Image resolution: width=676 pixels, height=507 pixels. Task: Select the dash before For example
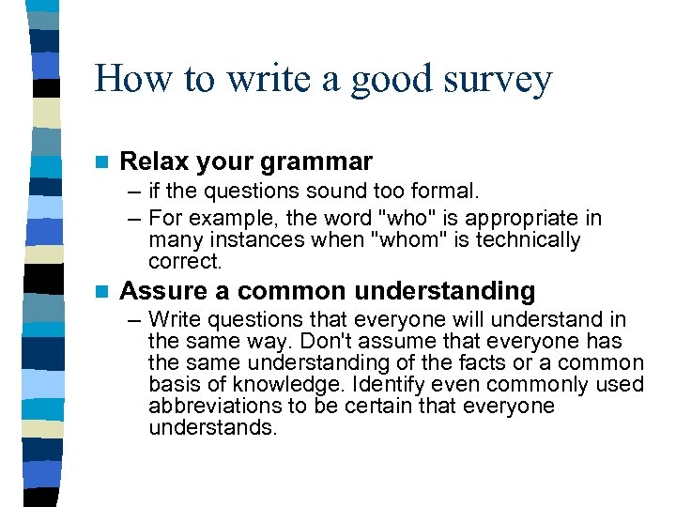click(x=134, y=219)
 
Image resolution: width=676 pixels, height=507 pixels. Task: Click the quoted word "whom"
click(x=407, y=240)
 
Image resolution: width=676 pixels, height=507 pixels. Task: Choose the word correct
click(x=185, y=261)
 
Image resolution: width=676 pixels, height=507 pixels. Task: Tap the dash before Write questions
click(x=134, y=319)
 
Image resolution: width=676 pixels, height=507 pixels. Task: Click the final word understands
click(x=213, y=428)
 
